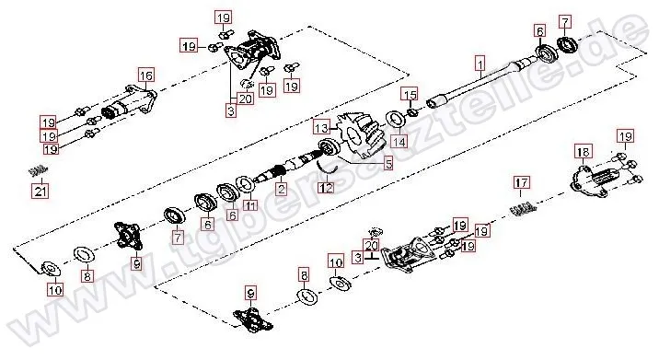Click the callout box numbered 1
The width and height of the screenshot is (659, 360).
pos(480,64)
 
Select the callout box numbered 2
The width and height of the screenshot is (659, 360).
pos(281,189)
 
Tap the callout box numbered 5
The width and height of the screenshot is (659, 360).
pos(387,163)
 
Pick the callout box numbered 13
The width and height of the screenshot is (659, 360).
pos(321,127)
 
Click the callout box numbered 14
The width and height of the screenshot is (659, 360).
pos(399,141)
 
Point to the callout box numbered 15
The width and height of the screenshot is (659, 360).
pos(410,94)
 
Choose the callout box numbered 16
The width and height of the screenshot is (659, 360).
pos(146,75)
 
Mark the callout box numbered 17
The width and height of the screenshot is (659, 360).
pos(521,183)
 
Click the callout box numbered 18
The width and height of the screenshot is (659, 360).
pos(583,151)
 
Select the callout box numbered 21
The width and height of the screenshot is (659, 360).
pos(40,192)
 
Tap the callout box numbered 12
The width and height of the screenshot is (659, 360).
pos(326,187)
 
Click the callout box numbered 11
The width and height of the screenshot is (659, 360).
pos(250,204)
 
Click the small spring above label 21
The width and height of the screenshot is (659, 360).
pos(38,170)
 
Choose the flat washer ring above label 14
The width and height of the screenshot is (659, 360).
pos(395,118)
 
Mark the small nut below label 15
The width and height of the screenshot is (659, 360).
pos(411,111)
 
